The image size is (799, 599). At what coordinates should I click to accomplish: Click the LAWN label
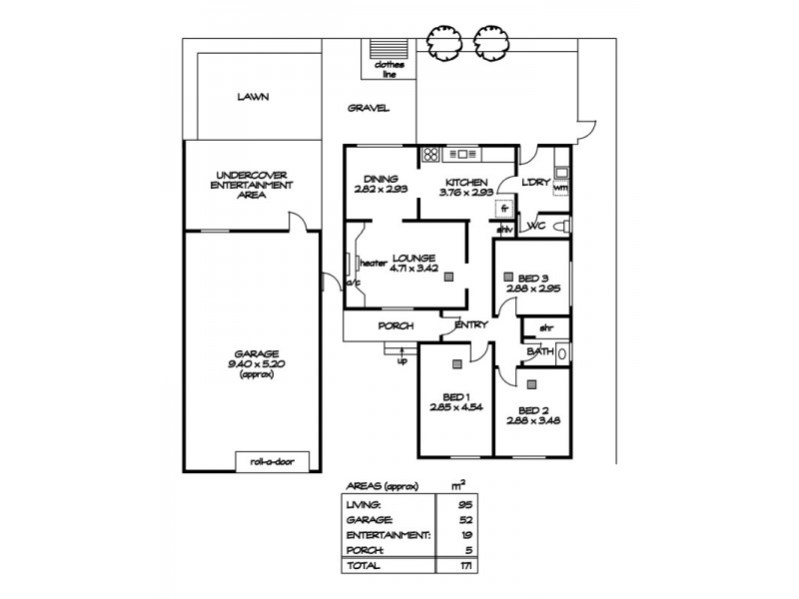[x=253, y=98]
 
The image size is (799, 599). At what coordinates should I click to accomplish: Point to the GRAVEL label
[x=368, y=109]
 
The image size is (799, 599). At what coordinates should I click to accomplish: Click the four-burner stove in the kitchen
[x=431, y=154]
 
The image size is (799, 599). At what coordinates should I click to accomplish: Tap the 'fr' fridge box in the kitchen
[x=505, y=210]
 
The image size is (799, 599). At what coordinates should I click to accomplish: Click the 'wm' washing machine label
[x=559, y=187]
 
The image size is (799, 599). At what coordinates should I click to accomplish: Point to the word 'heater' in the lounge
[x=373, y=263]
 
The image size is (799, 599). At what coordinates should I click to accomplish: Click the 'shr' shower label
[x=545, y=327]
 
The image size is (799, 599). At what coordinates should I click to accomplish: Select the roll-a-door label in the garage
[x=272, y=460]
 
